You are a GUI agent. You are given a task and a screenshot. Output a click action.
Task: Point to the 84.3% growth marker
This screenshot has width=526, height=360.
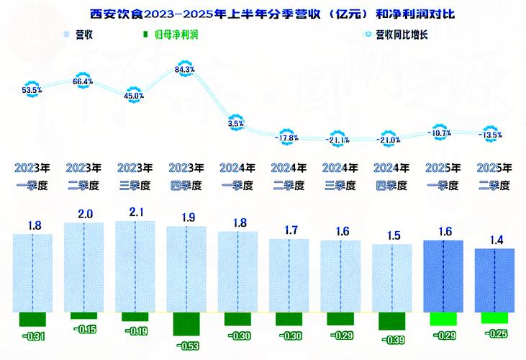185,70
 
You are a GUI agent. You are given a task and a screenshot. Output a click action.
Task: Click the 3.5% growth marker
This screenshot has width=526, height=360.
236,124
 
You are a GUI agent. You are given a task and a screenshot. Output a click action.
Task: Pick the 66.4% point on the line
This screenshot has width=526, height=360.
83,82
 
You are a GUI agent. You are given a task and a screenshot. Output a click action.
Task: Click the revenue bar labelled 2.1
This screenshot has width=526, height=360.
134,266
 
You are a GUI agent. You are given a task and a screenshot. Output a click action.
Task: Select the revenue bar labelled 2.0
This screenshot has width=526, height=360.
83,268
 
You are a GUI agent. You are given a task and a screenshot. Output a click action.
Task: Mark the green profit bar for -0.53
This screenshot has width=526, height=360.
186,325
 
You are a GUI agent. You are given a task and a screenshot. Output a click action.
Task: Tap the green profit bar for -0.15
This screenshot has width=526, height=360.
83,316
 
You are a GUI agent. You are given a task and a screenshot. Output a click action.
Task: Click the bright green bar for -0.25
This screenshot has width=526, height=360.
494,318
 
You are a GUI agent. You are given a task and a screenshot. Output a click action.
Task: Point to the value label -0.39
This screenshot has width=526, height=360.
391,341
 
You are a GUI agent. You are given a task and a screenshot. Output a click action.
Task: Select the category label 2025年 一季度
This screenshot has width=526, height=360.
443,177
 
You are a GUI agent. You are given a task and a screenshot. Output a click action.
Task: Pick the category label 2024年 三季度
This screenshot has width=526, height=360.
340,177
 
